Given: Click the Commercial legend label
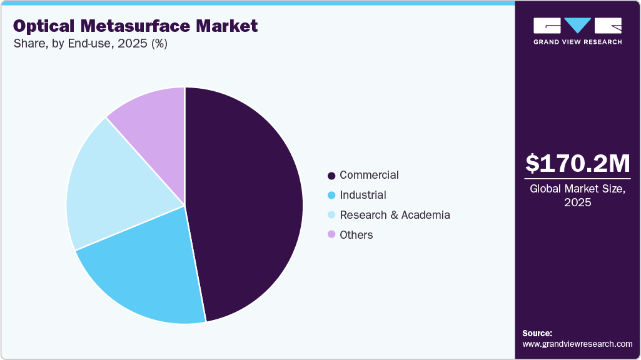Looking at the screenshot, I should click(x=369, y=175).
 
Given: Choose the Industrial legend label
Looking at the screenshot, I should click(x=363, y=195).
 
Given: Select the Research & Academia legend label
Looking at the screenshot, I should click(x=395, y=215).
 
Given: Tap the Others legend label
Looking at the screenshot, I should click(x=356, y=235).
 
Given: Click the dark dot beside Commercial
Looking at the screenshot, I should click(x=331, y=176).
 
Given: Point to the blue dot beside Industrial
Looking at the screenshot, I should click(x=331, y=196).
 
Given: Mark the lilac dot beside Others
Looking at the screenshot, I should click(x=331, y=236).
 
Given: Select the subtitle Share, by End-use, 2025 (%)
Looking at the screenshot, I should click(x=90, y=44).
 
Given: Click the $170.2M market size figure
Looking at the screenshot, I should click(x=577, y=164).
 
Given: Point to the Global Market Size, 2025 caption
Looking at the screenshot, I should click(x=577, y=195).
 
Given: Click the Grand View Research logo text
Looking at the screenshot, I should click(x=577, y=42).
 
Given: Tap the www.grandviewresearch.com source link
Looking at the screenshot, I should click(x=577, y=344).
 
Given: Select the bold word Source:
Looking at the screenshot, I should click(x=537, y=333).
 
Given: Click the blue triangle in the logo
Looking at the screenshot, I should click(x=577, y=26).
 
